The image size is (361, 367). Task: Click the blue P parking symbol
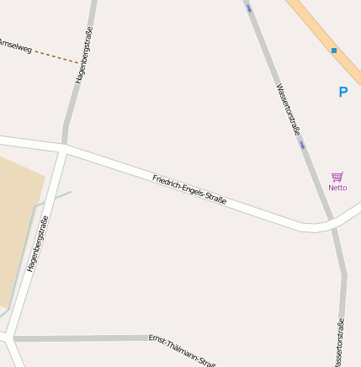point(342,93)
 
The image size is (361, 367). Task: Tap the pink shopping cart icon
point(337,177)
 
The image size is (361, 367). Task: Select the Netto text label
point(337,188)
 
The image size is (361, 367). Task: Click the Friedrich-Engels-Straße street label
point(189,189)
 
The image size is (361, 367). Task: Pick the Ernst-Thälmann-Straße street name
point(182,349)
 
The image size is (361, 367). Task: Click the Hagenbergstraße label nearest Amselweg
point(82,56)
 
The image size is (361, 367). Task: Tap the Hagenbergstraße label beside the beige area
point(38,244)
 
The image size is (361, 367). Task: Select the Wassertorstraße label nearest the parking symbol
point(288,109)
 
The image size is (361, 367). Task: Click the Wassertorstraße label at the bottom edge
point(339,343)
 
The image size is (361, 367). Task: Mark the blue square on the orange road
point(334,51)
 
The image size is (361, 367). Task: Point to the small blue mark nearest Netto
point(302,144)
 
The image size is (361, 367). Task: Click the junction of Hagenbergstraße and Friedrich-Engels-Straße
point(64,147)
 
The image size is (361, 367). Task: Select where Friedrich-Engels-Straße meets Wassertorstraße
point(330,222)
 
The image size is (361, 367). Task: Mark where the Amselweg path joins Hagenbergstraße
point(81,63)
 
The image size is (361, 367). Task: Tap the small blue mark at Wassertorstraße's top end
point(249,9)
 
